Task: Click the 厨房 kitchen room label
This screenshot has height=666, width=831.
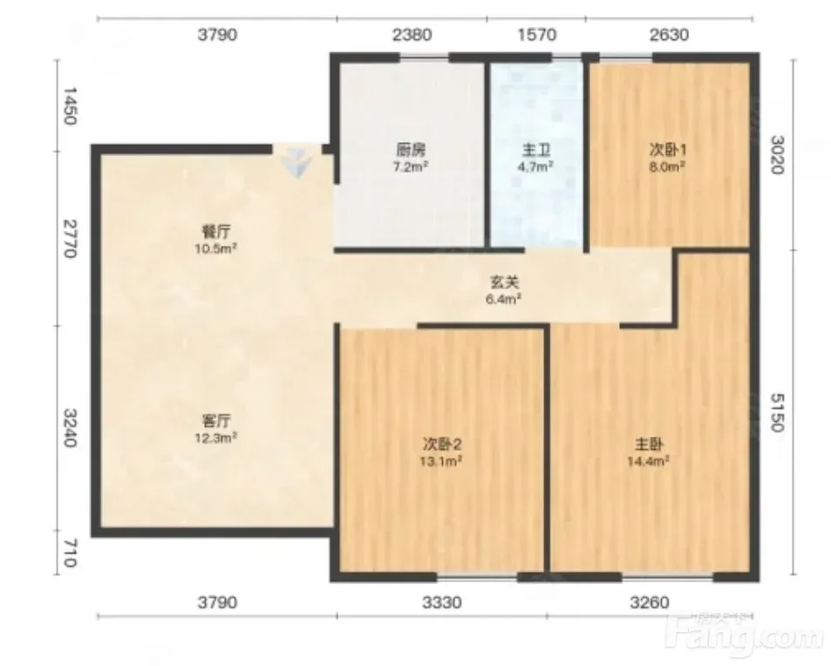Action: pos(411,151)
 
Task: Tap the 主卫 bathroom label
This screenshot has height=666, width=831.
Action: pos(535,151)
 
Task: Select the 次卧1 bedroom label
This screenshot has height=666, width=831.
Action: pos(668,150)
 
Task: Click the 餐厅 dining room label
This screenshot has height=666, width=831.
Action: pos(216,232)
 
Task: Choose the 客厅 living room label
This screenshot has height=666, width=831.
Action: pos(216,421)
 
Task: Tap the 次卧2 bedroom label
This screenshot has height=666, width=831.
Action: pos(442,444)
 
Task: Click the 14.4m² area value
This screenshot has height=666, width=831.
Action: pos(648,461)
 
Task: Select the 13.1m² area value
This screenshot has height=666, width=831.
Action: pos(441,461)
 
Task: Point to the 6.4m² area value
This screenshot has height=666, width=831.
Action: pos(503,299)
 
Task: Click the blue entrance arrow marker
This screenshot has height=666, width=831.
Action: pos(296,163)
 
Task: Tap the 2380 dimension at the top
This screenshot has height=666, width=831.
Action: pos(412,35)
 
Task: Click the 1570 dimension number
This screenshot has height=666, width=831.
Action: pos(537,35)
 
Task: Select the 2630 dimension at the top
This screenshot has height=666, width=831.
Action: pos(670,35)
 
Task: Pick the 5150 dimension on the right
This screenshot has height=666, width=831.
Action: pos(777,412)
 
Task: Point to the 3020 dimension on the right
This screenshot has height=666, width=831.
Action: pos(777,155)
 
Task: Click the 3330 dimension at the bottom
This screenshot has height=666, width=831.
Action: pos(441,602)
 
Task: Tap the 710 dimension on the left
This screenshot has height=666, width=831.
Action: pos(71,554)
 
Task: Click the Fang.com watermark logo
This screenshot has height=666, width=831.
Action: pos(746,635)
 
